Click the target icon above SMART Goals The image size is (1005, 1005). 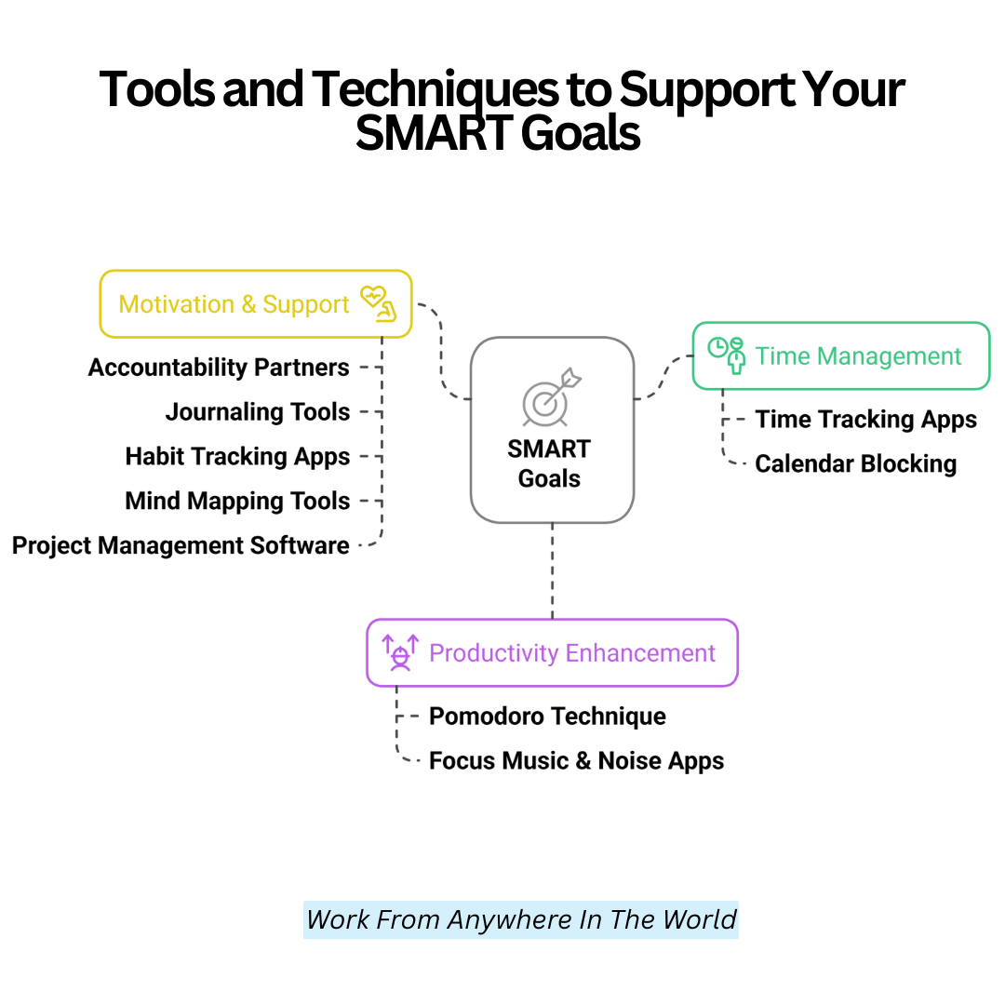click(x=551, y=397)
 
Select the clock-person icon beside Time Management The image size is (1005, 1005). click(x=726, y=355)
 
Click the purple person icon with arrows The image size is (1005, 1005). click(x=400, y=652)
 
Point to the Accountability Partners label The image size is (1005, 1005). click(x=219, y=368)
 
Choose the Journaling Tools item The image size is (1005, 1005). click(x=258, y=412)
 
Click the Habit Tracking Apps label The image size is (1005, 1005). click(x=238, y=457)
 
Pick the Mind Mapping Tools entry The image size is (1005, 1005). click(x=238, y=502)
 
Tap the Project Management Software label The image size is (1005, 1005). click(x=181, y=546)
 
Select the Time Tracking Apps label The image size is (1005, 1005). click(x=866, y=420)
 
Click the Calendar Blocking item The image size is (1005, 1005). click(x=856, y=464)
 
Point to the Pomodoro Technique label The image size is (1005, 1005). click(x=547, y=717)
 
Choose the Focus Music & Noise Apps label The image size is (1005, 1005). click(x=576, y=761)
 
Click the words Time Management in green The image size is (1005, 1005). click(x=858, y=356)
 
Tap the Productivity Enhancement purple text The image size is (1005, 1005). click(x=571, y=653)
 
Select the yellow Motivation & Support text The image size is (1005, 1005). click(x=234, y=304)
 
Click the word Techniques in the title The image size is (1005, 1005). click(x=435, y=89)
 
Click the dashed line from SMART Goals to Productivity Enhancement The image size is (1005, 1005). click(x=553, y=571)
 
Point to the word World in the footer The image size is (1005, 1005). click(x=700, y=919)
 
